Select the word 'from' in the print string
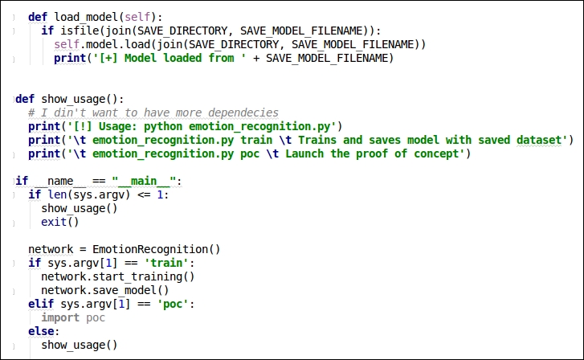pos(221,58)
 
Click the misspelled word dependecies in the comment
pos(243,113)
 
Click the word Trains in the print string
pos(317,140)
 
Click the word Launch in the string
pos(304,154)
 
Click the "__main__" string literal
pos(144,181)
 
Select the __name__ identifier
pos(60,181)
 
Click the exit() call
pos(60,222)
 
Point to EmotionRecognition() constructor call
pos(157,249)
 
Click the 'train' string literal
pos(166,263)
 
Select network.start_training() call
pos(118,277)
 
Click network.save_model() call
pos(105,290)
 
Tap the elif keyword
pos(41,304)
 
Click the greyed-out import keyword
pos(60,318)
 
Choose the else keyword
pos(41,331)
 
